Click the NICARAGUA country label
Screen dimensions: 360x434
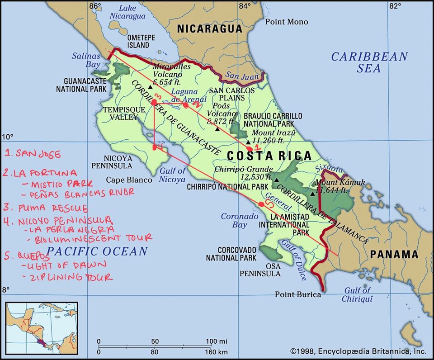tap(209, 29)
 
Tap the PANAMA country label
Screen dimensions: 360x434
tap(394, 254)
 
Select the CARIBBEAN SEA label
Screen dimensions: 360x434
tap(369, 63)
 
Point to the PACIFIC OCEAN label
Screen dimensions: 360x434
tap(98, 251)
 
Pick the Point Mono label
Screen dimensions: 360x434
tap(286, 22)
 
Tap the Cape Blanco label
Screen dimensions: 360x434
tap(129, 180)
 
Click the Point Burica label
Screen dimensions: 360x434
tap(298, 294)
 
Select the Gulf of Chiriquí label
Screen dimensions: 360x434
tap(357, 294)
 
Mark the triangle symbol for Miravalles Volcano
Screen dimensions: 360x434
tap(150, 86)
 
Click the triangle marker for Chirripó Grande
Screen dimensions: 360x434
tap(277, 180)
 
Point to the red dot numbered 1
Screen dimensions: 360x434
tap(250, 148)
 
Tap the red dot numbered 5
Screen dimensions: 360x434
tap(261, 204)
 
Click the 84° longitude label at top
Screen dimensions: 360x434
tap(245, 6)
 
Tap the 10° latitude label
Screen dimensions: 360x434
tap(8, 137)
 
